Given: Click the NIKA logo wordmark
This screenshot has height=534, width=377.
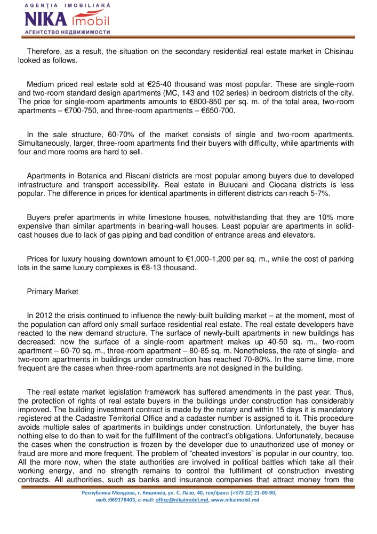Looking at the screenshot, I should (46, 20).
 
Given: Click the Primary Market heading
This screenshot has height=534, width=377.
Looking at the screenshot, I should (52, 292).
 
